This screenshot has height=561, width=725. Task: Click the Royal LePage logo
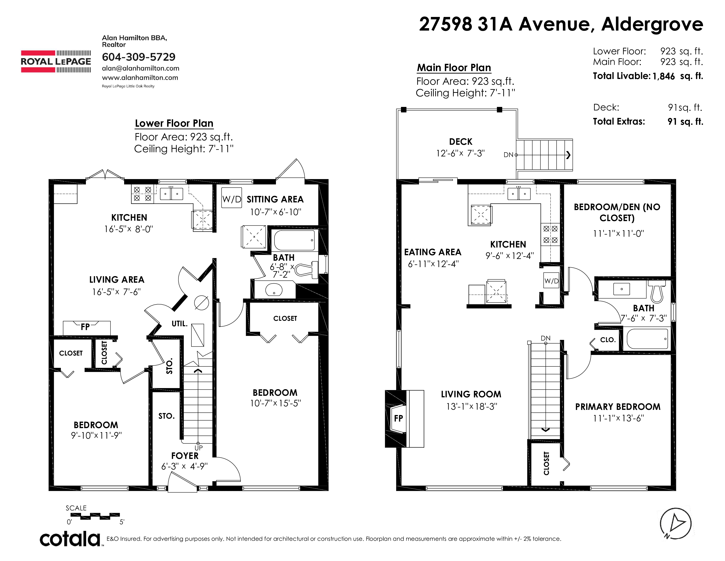tap(56, 61)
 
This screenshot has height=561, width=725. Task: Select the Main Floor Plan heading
tap(454, 68)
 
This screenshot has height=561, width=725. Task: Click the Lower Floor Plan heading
tap(174, 123)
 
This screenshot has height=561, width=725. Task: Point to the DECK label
tap(460, 142)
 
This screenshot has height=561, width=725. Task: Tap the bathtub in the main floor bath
tap(647, 339)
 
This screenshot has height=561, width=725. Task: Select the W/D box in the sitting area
tap(232, 198)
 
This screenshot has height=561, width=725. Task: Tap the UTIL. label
tap(179, 323)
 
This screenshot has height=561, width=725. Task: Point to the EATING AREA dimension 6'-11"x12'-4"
tap(433, 264)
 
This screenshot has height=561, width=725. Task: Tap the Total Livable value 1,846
tap(663, 76)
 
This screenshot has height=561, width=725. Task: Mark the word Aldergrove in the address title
tap(652, 24)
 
